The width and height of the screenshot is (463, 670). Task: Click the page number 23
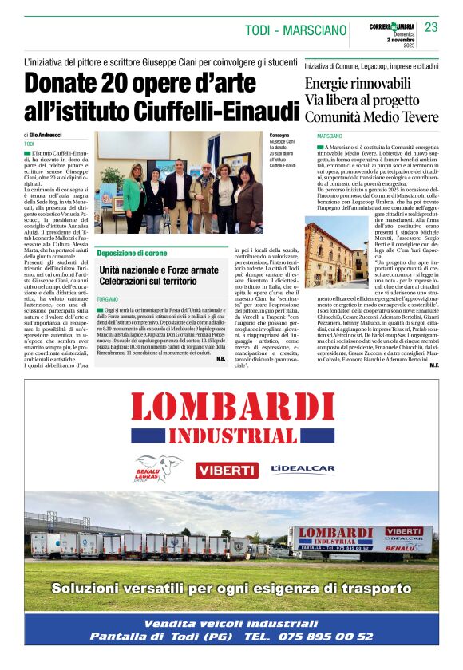tap(431, 27)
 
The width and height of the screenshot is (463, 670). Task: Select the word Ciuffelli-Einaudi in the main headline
tap(216, 112)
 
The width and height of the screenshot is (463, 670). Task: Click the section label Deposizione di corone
tap(133, 253)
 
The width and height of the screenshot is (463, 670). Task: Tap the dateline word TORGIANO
tap(109, 297)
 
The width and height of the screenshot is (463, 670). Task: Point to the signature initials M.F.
tap(433, 365)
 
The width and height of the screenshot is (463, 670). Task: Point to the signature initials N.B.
tap(220, 358)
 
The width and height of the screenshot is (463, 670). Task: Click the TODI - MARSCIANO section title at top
tap(295, 30)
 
